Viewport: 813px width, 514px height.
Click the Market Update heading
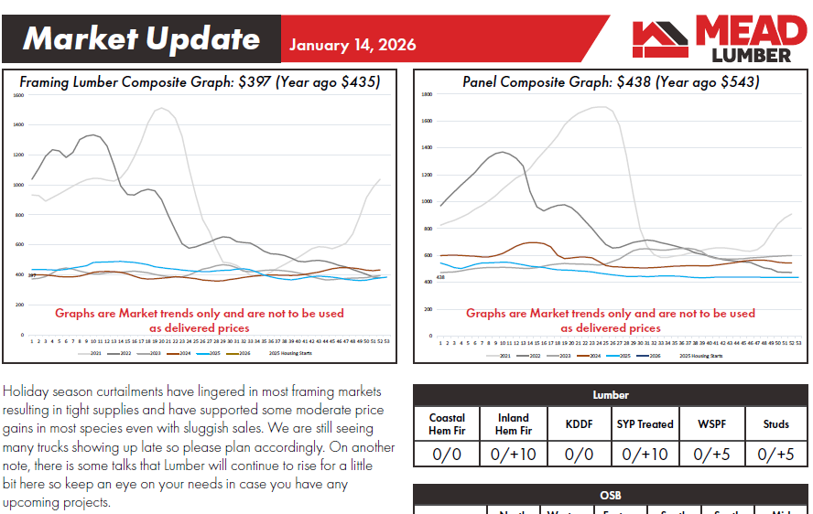click(x=142, y=38)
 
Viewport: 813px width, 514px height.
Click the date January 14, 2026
click(x=352, y=45)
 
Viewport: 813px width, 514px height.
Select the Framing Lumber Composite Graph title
click(x=199, y=81)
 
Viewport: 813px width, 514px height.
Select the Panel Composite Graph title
click(x=611, y=81)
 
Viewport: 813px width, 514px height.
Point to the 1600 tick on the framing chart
click(x=18, y=95)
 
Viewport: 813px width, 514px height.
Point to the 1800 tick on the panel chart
click(x=426, y=94)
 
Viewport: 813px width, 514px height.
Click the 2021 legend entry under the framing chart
click(x=94, y=352)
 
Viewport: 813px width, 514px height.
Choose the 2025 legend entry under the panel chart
click(x=624, y=356)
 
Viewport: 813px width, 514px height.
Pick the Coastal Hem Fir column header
click(x=447, y=424)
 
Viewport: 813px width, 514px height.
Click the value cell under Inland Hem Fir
click(x=514, y=454)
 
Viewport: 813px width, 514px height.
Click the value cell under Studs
click(x=775, y=454)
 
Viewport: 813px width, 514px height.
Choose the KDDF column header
click(x=580, y=424)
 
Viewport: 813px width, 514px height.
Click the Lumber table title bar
click(x=611, y=395)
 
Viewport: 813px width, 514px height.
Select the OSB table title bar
click(x=611, y=495)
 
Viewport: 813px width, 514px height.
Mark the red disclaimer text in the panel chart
click(x=611, y=320)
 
